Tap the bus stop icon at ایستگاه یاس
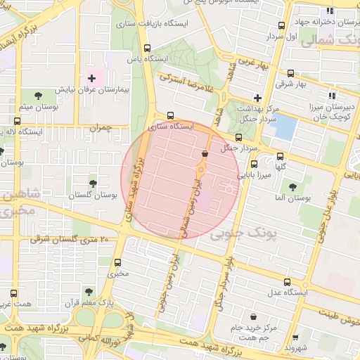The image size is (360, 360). (x=146, y=49)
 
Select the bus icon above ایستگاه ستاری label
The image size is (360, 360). (x=170, y=116)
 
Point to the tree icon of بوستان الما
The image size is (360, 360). (x=292, y=187)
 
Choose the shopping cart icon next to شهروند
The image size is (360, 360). (x=295, y=337)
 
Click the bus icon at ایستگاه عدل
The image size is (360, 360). (x=288, y=279)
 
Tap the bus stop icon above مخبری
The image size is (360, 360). (x=117, y=262)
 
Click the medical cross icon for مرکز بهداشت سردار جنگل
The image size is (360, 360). (x=257, y=98)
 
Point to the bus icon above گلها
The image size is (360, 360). (x=280, y=157)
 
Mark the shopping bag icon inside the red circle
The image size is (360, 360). (x=205, y=153)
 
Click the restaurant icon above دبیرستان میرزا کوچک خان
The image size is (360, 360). (x=330, y=96)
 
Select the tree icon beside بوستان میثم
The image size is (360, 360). (x=37, y=94)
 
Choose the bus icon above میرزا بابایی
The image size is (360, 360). (x=254, y=163)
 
